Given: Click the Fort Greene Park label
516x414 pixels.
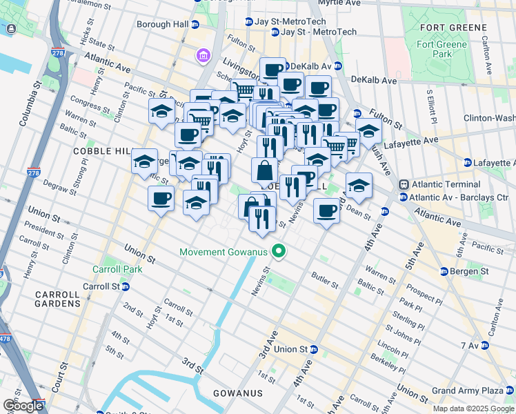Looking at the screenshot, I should coord(441,49).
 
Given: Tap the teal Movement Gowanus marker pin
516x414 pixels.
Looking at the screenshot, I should coord(279,252).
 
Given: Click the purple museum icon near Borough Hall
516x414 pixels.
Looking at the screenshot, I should coord(204,55).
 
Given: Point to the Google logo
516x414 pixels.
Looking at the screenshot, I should coord(22,406).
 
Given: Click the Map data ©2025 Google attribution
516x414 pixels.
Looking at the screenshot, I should coord(474,408).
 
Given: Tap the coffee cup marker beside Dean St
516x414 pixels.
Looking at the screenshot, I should coord(326,210).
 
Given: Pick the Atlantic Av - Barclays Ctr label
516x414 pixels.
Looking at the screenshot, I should coord(455,197).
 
